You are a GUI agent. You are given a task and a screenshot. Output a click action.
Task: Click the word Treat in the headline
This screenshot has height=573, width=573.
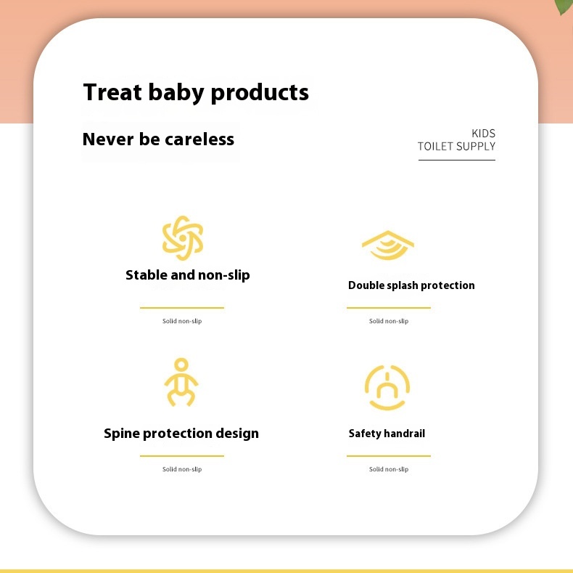(112, 92)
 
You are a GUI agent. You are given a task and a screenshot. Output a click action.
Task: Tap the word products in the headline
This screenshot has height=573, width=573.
(260, 94)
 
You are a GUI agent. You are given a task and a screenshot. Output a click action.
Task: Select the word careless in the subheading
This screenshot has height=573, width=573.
(199, 139)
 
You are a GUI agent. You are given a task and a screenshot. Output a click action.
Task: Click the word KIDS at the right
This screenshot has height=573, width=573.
(484, 133)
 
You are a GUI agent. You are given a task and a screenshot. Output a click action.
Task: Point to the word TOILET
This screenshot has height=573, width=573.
(435, 147)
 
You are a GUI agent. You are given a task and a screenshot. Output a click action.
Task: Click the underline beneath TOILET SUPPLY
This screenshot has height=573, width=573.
(457, 160)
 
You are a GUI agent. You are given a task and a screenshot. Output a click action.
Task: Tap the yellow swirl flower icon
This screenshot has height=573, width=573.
(183, 237)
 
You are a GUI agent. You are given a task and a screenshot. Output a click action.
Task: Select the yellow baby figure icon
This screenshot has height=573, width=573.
(181, 382)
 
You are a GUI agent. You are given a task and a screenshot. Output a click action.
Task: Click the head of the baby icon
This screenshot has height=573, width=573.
(181, 365)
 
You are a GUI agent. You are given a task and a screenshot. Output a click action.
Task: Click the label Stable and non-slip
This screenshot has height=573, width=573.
(187, 275)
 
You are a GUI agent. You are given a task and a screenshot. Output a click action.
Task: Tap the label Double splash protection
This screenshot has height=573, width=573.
(411, 285)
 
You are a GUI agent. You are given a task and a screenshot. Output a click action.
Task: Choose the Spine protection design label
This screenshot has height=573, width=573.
(181, 434)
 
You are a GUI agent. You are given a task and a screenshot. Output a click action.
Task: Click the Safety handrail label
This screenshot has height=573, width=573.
(387, 434)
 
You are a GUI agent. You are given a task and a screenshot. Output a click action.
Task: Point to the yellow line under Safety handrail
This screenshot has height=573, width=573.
(389, 456)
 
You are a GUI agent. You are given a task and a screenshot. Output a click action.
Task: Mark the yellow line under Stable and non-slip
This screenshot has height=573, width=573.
(181, 308)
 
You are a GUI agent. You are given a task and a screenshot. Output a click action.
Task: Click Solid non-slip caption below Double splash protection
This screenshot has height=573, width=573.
(389, 321)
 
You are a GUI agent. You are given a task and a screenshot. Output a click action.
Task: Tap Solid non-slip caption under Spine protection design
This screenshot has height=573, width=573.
(182, 469)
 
